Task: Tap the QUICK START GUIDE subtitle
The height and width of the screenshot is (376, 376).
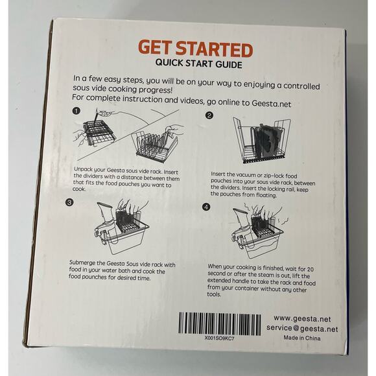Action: [x=198, y=64]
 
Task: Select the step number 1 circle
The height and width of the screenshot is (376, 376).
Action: [x=76, y=111]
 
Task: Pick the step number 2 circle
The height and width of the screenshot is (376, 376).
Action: [x=209, y=115]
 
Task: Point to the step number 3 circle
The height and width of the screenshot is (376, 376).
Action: [x=69, y=203]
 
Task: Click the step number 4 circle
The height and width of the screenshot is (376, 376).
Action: [x=206, y=207]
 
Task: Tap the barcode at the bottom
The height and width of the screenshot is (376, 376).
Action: [x=219, y=323]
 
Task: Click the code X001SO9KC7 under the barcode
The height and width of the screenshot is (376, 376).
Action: [x=219, y=338]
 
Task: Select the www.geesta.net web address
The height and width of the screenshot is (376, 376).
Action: [x=302, y=319]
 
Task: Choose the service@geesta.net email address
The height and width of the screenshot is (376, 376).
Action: [x=302, y=328]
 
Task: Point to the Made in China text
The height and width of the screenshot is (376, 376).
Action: [x=302, y=338]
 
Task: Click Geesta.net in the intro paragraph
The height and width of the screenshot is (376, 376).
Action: [x=271, y=104]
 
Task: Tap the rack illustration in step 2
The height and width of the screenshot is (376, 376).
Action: [x=262, y=140]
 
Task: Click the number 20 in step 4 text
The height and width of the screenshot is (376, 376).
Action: [x=310, y=269]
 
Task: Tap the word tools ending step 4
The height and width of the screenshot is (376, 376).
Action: [x=214, y=294]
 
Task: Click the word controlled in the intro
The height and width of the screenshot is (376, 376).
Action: [x=301, y=86]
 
